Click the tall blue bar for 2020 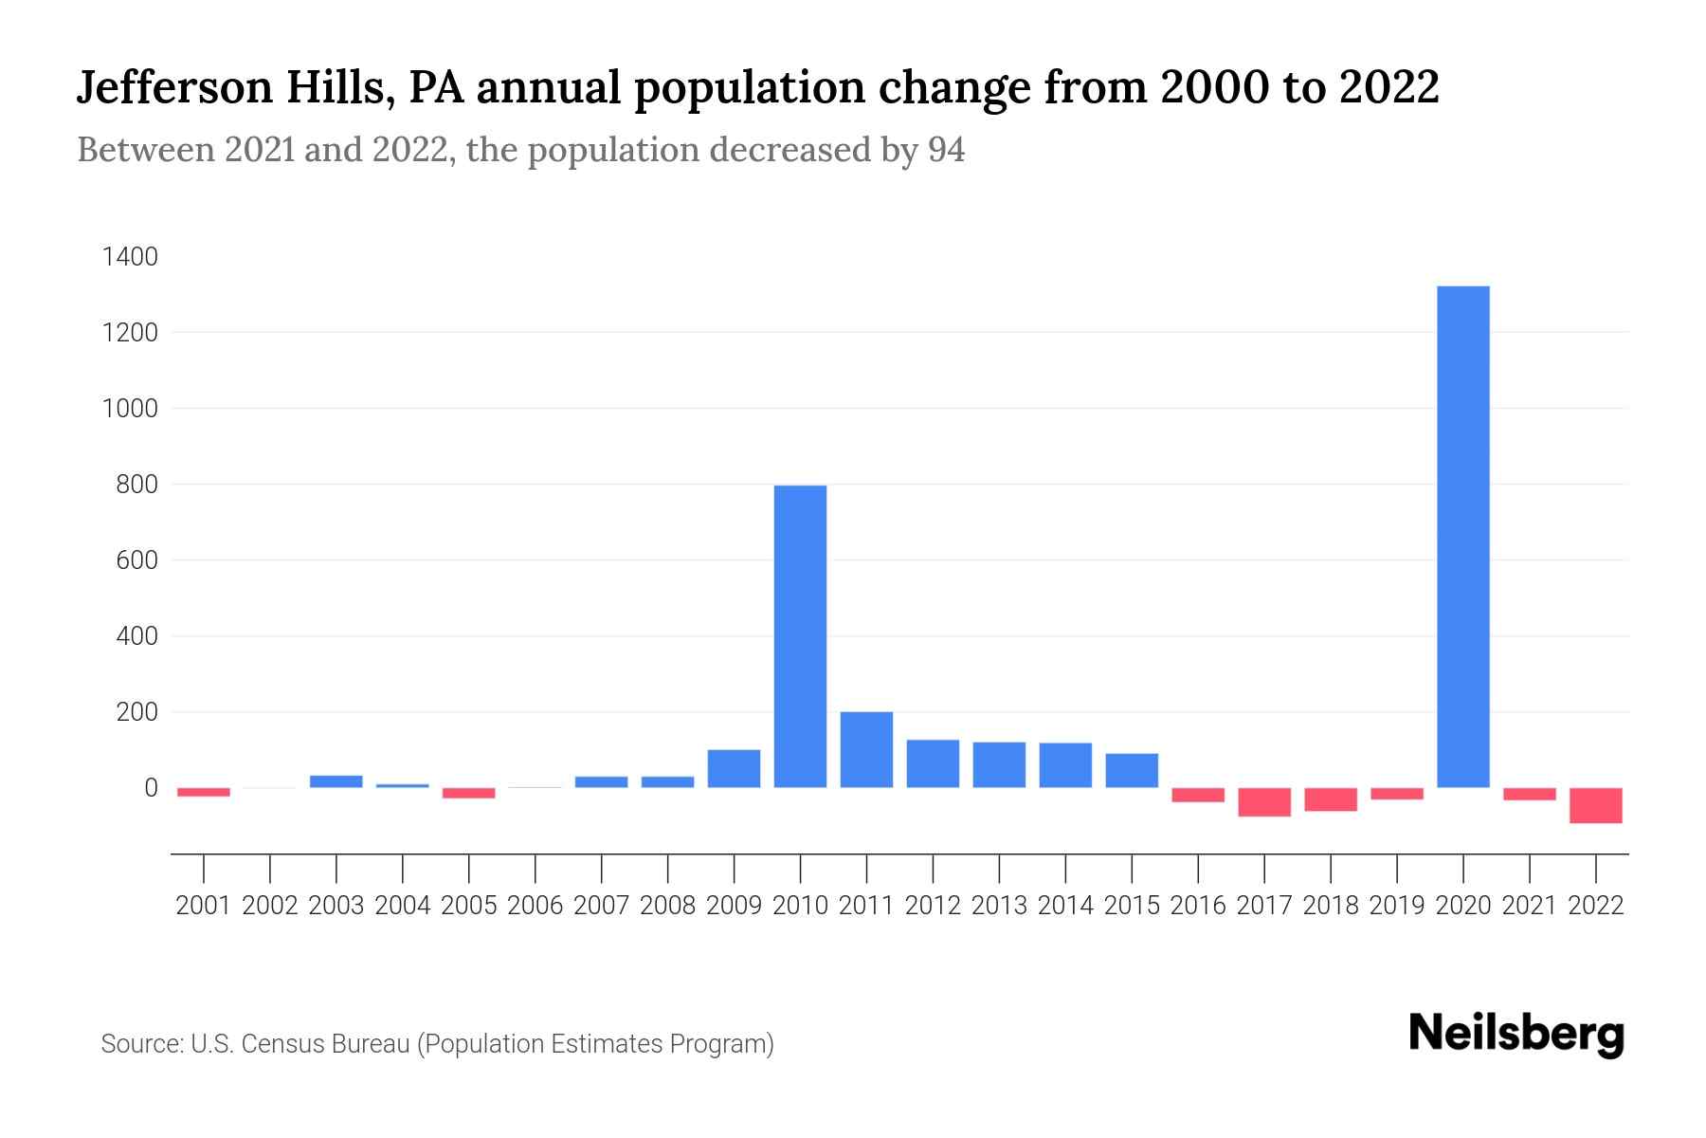(x=1462, y=537)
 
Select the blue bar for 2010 (x=800, y=636)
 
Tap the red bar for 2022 (x=1595, y=805)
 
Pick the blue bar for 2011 (x=866, y=749)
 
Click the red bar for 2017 (x=1263, y=802)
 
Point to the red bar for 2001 (x=204, y=792)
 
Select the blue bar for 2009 (x=734, y=768)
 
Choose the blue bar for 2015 (x=1132, y=770)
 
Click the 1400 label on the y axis (x=130, y=257)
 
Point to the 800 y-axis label (x=136, y=485)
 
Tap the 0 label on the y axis (x=151, y=788)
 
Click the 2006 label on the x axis (x=535, y=906)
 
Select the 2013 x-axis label (x=999, y=906)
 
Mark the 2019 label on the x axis (x=1396, y=906)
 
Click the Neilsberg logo (x=1516, y=1034)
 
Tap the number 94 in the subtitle (x=946, y=150)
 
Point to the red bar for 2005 (x=468, y=793)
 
